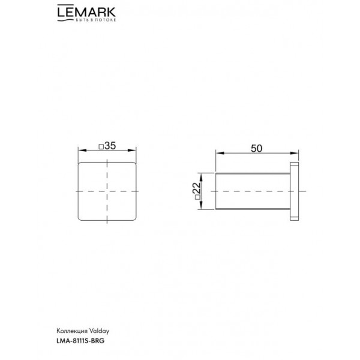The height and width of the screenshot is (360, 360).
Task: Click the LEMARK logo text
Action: [86, 12]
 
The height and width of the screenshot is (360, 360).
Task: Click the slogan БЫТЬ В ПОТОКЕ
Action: [96, 20]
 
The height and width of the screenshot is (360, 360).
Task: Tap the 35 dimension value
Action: [110, 146]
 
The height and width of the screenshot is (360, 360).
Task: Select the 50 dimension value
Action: [256, 149]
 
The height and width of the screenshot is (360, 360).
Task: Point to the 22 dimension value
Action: [197, 188]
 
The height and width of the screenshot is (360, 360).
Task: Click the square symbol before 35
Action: [101, 147]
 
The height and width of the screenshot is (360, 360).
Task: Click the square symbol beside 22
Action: [197, 197]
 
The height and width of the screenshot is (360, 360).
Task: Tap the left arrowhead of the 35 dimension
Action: [82, 151]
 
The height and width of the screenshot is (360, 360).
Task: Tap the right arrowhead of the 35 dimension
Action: [132, 151]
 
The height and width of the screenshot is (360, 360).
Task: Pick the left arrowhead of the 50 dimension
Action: [220, 153]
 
